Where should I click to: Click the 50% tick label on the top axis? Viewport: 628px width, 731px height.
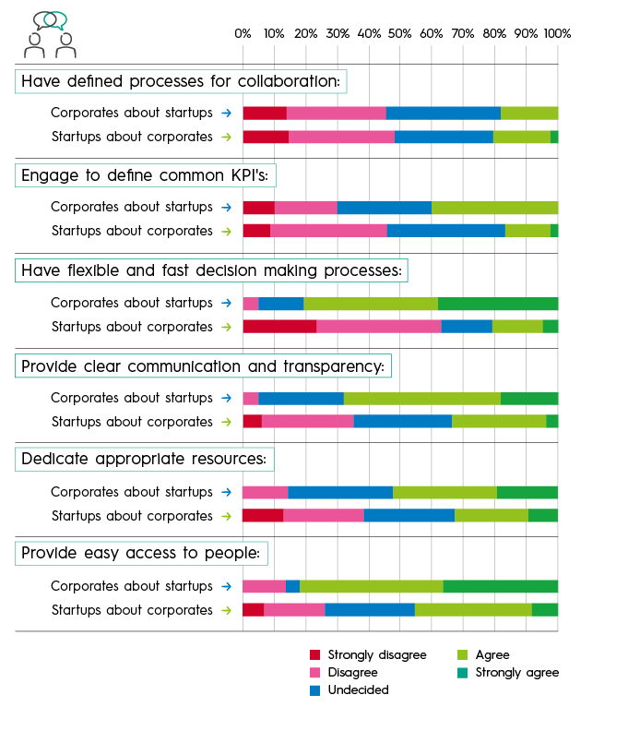click(399, 33)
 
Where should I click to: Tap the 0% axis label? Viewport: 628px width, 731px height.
click(243, 33)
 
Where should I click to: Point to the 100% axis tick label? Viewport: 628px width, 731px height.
click(557, 33)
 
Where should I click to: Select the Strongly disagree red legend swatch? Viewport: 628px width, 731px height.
click(315, 655)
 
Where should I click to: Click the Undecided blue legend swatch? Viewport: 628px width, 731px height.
click(315, 690)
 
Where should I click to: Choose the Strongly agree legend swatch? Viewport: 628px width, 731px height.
click(462, 673)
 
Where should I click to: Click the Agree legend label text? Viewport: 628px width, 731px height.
click(492, 655)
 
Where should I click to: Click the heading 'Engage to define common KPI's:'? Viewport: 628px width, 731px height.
click(145, 175)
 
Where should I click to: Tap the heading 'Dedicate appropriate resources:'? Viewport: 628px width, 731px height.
click(144, 459)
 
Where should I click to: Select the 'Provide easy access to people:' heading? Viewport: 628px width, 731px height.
click(141, 553)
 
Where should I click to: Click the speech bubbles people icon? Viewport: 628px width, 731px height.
click(50, 34)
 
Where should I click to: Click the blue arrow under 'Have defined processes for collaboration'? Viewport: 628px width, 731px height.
click(227, 113)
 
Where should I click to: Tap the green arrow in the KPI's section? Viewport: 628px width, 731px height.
click(227, 232)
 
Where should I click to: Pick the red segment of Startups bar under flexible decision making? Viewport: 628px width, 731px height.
click(279, 327)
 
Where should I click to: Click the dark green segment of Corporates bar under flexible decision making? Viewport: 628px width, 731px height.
click(498, 304)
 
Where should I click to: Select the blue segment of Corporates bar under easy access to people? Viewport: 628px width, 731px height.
click(292, 586)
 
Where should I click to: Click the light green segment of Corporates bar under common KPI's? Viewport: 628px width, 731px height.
click(495, 208)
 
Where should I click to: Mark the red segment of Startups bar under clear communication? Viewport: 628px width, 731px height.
click(252, 422)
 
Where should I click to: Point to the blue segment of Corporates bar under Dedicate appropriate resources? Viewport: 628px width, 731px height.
click(340, 492)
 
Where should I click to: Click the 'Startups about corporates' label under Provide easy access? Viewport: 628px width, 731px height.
click(132, 610)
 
